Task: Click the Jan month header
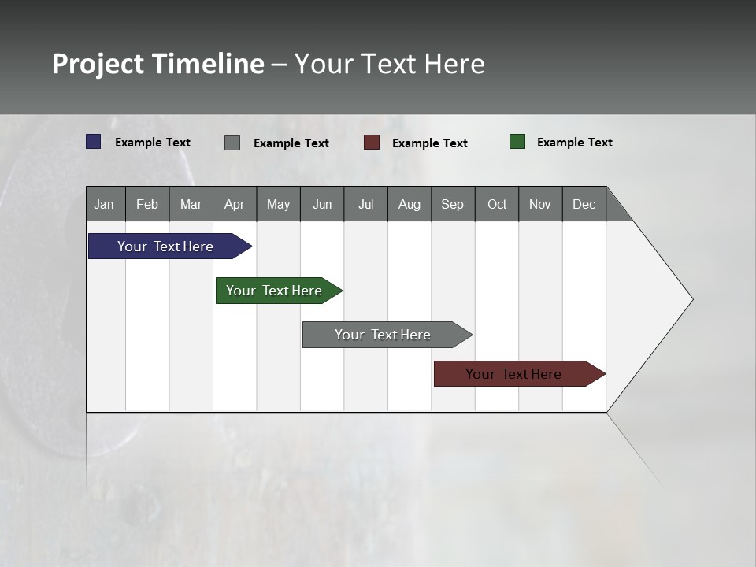tap(105, 204)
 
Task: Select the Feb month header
tap(147, 204)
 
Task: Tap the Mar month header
tap(191, 204)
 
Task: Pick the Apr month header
tap(235, 204)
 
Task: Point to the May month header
tap(278, 204)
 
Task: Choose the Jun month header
tap(322, 204)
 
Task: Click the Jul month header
tap(365, 204)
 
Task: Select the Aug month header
tap(409, 204)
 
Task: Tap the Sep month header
tap(453, 204)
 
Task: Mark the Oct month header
tap(497, 204)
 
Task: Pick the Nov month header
tap(540, 204)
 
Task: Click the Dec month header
tap(584, 204)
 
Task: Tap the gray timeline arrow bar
tap(384, 335)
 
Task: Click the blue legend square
tap(94, 142)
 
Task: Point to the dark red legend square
tap(372, 143)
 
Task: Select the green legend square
tap(517, 142)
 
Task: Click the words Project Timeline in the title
tap(158, 64)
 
